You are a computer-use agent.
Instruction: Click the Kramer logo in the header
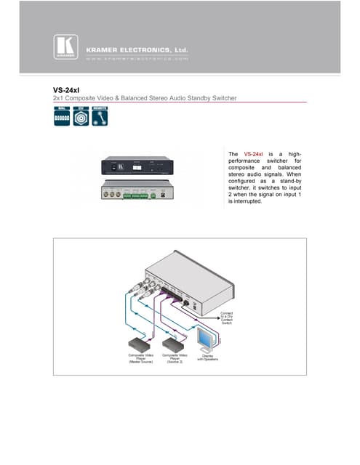click(x=65, y=47)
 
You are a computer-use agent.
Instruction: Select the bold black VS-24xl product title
click(x=66, y=90)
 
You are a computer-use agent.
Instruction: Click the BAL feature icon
click(x=62, y=117)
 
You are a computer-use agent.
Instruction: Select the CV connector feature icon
click(x=81, y=117)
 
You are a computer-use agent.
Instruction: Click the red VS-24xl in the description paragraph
click(x=254, y=154)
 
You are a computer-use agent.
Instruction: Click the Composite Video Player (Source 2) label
click(x=175, y=357)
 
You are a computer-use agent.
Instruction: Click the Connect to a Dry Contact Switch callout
click(x=228, y=318)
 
